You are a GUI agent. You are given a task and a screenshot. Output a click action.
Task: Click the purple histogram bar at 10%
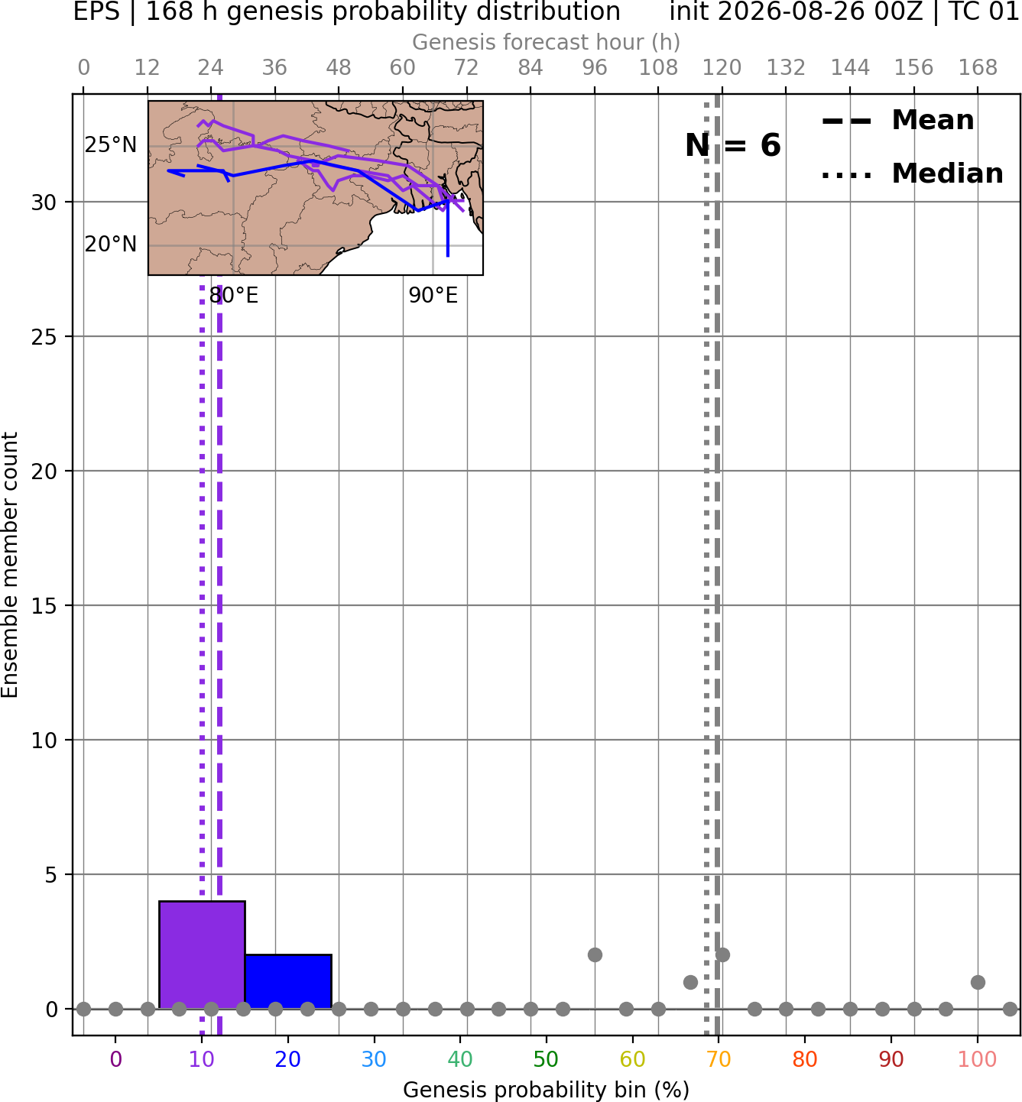pyautogui.click(x=202, y=955)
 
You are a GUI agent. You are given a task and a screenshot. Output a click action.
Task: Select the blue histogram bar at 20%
pyautogui.click(x=288, y=981)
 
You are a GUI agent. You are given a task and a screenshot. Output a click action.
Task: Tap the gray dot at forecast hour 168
pyautogui.click(x=978, y=982)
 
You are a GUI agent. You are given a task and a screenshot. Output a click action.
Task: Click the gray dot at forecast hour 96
pyautogui.click(x=595, y=955)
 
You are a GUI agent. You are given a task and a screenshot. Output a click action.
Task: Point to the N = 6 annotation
pyautogui.click(x=733, y=145)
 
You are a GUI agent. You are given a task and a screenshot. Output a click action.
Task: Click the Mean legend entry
pyautogui.click(x=897, y=121)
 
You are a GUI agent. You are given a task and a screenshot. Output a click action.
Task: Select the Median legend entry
pyautogui.click(x=912, y=173)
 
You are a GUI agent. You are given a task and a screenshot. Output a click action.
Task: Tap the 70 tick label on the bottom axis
pyautogui.click(x=719, y=1059)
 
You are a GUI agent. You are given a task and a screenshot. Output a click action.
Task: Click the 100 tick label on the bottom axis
pyautogui.click(x=977, y=1059)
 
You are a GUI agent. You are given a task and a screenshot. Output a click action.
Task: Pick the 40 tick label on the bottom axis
pyautogui.click(x=459, y=1059)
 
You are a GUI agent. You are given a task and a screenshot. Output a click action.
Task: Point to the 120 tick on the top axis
pyautogui.click(x=722, y=68)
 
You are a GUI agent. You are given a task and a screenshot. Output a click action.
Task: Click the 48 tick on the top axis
pyautogui.click(x=339, y=68)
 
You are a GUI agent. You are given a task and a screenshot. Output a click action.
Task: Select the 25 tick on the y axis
pyautogui.click(x=44, y=337)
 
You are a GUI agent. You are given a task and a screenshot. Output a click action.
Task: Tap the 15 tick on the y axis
pyautogui.click(x=44, y=605)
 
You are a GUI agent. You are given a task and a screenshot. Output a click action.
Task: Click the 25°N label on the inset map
pyautogui.click(x=111, y=145)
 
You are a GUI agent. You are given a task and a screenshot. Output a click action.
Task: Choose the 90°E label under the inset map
pyautogui.click(x=433, y=296)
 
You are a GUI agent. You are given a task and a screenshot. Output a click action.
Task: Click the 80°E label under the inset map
pyautogui.click(x=234, y=296)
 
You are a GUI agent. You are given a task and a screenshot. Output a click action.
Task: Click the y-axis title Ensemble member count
pyautogui.click(x=10, y=565)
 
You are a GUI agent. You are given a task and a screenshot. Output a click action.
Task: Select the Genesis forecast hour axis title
pyautogui.click(x=547, y=42)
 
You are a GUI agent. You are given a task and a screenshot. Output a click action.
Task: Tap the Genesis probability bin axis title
pyautogui.click(x=547, y=1090)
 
